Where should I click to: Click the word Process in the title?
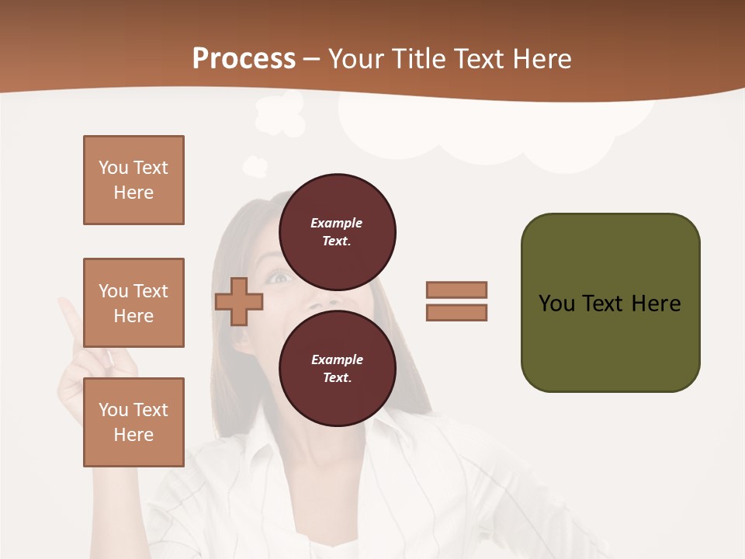[x=244, y=59]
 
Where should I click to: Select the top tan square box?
[x=133, y=180]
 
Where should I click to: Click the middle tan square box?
[x=133, y=303]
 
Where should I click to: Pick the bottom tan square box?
[x=133, y=422]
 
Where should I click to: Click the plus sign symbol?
[x=239, y=301]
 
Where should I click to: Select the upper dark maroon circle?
[x=337, y=231]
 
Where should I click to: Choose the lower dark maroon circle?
[x=337, y=368]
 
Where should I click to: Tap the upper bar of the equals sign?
[x=456, y=290]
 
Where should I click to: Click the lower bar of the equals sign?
[x=456, y=313]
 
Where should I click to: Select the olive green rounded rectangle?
[x=610, y=303]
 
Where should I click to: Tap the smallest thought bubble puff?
[x=255, y=166]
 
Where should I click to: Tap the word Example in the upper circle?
[x=336, y=223]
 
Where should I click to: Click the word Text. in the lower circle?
[x=337, y=377]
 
